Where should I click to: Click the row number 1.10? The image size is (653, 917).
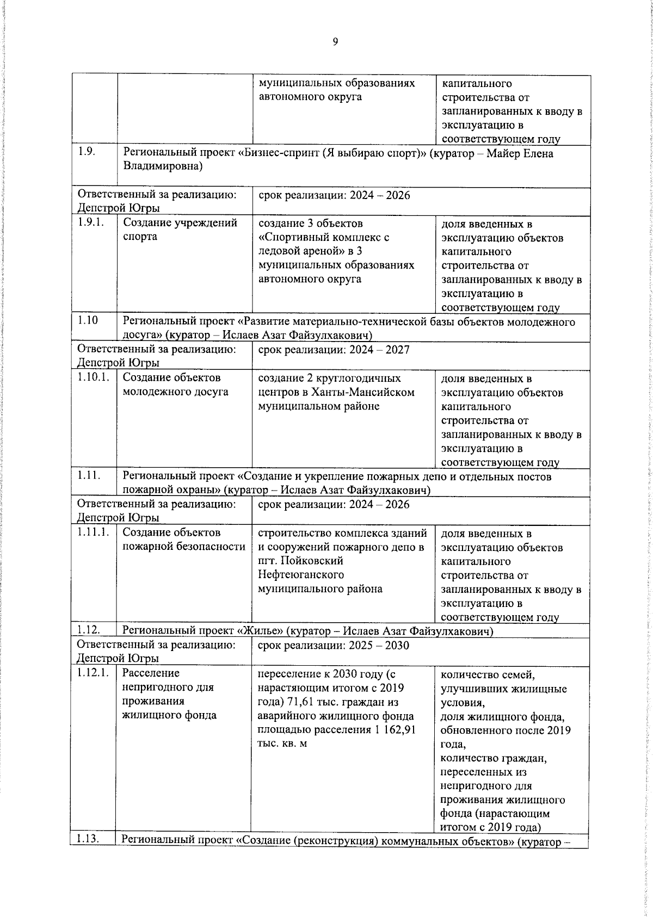pyautogui.click(x=88, y=320)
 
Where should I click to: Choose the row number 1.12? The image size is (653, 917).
pyautogui.click(x=88, y=630)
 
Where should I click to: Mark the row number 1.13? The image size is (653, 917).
pyautogui.click(x=88, y=839)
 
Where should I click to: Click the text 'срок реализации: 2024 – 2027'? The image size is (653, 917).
pyautogui.click(x=333, y=350)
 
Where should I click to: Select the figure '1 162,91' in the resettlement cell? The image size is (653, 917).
pyautogui.click(x=395, y=729)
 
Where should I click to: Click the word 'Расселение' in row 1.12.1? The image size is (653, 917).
pyautogui.click(x=151, y=673)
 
